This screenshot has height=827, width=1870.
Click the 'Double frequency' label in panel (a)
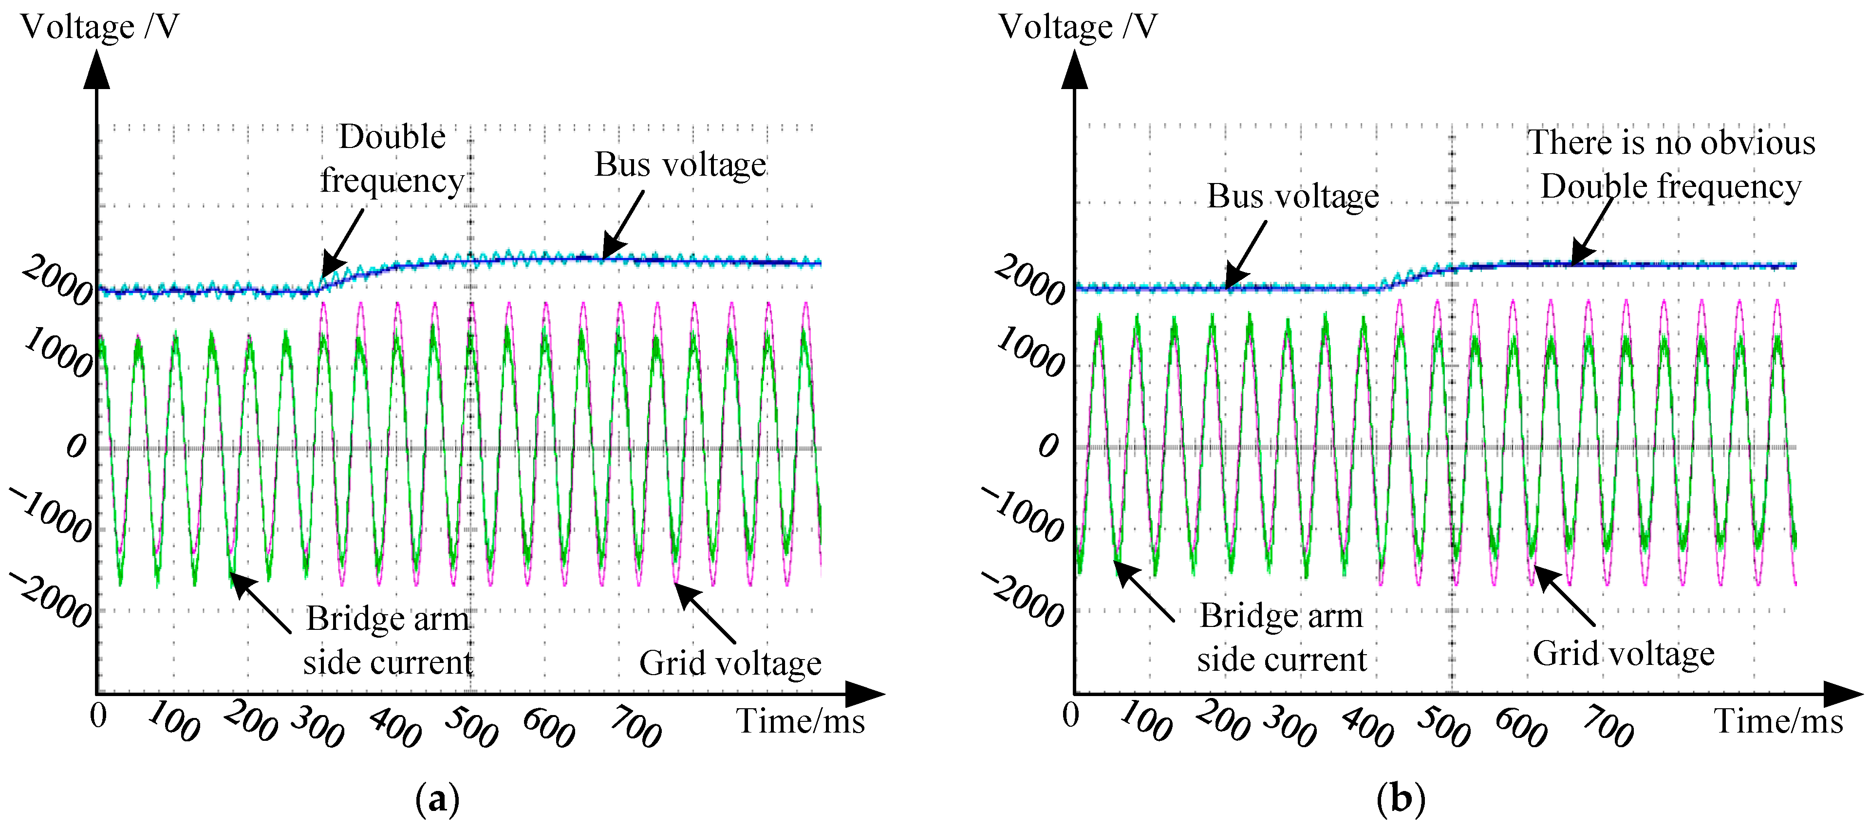click(392, 159)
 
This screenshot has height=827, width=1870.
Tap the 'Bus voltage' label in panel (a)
click(680, 165)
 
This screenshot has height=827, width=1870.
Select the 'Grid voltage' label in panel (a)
click(729, 663)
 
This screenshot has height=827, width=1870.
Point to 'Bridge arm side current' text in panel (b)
click(1281, 638)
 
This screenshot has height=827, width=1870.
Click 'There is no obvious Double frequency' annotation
click(1671, 165)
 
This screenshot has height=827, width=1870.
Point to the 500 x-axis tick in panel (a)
click(471, 726)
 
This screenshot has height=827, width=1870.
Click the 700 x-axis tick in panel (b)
click(1608, 726)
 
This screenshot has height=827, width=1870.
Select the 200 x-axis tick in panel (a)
click(250, 722)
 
